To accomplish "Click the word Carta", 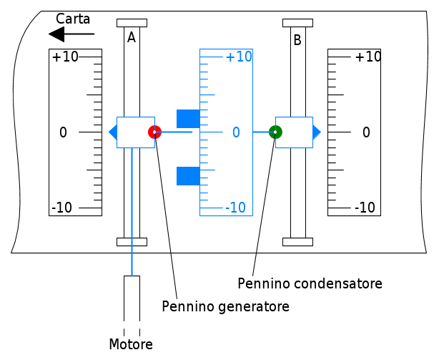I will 73,19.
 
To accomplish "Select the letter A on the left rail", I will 132,38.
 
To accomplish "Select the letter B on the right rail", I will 297,41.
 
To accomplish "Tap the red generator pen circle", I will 154,132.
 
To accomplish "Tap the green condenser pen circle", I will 275,132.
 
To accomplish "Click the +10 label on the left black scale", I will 65,57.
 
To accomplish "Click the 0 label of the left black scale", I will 63,132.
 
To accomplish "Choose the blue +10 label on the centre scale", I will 239,57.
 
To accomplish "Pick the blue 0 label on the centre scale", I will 236,132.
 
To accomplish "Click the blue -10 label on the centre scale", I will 235,208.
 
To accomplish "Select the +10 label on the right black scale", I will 368,57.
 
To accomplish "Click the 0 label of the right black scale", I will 366,132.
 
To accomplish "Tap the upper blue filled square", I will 188,119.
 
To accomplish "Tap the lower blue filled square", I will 188,175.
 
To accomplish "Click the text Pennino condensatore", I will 310,283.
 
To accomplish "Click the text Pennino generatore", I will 225,306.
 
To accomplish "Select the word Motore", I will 131,344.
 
